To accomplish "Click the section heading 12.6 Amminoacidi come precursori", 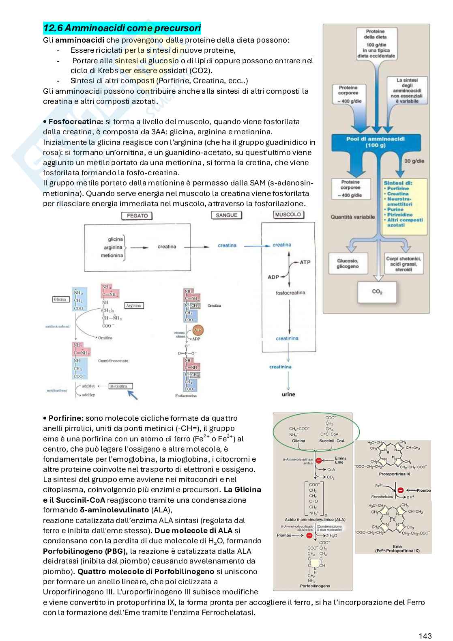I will [122, 28].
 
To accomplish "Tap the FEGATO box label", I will [137, 215].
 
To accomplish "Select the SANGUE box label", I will [226, 215].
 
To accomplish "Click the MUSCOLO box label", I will [288, 215].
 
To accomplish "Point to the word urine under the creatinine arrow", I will [288, 394].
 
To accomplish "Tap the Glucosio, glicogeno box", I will [347, 263].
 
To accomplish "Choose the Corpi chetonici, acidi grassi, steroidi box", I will [404, 264].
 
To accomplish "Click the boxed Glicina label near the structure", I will [60, 299].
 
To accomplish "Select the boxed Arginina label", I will [133, 305].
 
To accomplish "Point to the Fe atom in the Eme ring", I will [393, 519].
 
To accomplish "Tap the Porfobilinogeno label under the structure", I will [315, 586].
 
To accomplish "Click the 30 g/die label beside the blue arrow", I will [414, 161].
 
